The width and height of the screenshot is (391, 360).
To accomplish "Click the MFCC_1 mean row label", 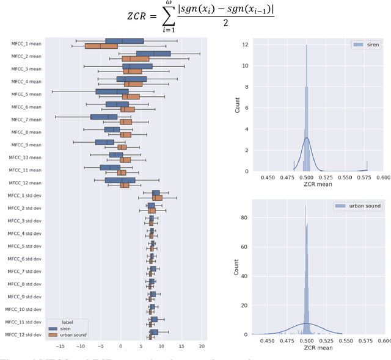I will click(x=26, y=44).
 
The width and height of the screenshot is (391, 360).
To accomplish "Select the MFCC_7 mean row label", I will click(x=26, y=120).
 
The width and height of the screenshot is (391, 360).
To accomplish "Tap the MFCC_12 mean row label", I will click(x=26, y=182).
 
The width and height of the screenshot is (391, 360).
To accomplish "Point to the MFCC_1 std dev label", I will click(x=24, y=195).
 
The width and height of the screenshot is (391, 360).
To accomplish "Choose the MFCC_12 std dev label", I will click(x=24, y=334).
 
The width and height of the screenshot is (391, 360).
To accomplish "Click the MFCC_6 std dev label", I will click(x=24, y=259).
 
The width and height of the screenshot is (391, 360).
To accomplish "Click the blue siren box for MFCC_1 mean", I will click(x=124, y=41).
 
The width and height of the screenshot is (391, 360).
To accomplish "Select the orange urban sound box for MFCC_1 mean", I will click(x=101, y=46).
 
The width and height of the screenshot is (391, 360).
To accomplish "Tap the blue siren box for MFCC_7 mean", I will click(x=103, y=117).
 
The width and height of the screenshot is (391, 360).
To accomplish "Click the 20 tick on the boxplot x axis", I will click(x=202, y=345).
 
